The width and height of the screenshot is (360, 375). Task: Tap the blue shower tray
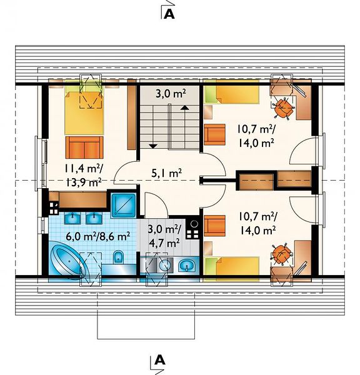click(123, 205)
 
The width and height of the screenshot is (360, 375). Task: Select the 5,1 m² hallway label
click(166, 173)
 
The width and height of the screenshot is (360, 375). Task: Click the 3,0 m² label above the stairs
click(171, 94)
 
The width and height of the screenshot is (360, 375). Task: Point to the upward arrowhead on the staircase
click(184, 107)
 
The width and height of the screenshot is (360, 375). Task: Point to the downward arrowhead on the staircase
click(152, 146)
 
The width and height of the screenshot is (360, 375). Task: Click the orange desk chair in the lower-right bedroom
click(282, 254)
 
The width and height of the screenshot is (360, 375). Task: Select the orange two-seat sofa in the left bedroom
click(84, 147)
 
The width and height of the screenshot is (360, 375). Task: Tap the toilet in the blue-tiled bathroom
click(117, 257)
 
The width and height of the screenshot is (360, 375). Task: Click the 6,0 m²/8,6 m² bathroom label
click(98, 237)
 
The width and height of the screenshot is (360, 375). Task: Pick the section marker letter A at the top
click(169, 14)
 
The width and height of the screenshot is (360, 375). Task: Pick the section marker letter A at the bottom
click(159, 360)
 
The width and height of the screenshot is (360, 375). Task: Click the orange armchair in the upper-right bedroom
click(214, 134)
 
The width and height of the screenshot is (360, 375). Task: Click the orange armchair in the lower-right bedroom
click(214, 226)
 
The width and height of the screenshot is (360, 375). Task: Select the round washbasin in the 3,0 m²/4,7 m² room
click(165, 265)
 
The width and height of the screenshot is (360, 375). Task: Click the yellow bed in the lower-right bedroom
click(232, 267)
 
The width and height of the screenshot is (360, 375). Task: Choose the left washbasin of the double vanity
click(73, 218)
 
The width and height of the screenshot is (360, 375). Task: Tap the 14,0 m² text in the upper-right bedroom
click(256, 143)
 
